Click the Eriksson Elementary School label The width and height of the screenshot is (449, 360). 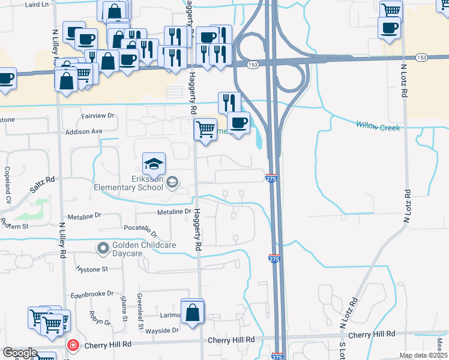coord(128,182)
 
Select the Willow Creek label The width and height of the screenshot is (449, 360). coord(378,125)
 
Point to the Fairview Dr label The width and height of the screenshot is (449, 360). coord(97,115)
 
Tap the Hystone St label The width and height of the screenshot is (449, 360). coord(92,270)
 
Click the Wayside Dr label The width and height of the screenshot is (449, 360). coord(159,330)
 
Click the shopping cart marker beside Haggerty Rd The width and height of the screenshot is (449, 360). coord(205,128)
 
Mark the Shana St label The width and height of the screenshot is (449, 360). coord(124,308)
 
